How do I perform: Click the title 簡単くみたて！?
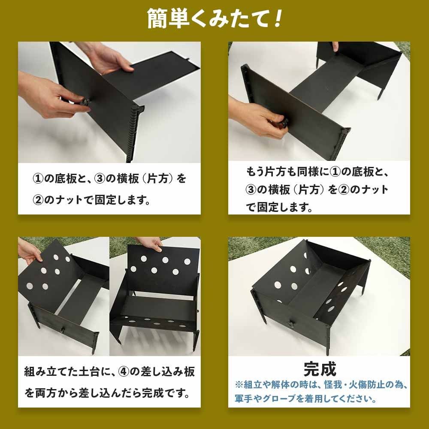[x=215, y=18]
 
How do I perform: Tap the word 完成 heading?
[x=320, y=369]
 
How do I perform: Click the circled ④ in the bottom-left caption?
[x=124, y=372]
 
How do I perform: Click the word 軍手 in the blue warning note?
[x=244, y=398]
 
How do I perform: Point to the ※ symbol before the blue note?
[x=239, y=384]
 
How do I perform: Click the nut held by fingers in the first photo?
[x=85, y=102]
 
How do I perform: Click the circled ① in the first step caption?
[x=37, y=178]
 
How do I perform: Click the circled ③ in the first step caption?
[x=100, y=178]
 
